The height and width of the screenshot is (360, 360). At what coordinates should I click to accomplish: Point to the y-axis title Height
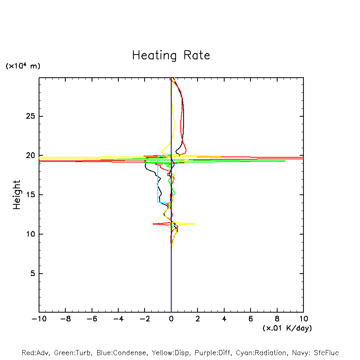click(x=16, y=195)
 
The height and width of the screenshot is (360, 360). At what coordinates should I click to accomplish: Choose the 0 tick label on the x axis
click(x=171, y=319)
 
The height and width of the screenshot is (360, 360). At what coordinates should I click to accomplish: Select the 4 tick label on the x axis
click(x=224, y=319)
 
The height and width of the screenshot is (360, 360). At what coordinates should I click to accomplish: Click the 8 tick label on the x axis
click(x=277, y=319)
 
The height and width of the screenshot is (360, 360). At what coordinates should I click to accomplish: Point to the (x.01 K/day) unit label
click(x=287, y=328)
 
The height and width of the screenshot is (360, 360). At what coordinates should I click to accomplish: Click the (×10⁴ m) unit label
click(x=23, y=66)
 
